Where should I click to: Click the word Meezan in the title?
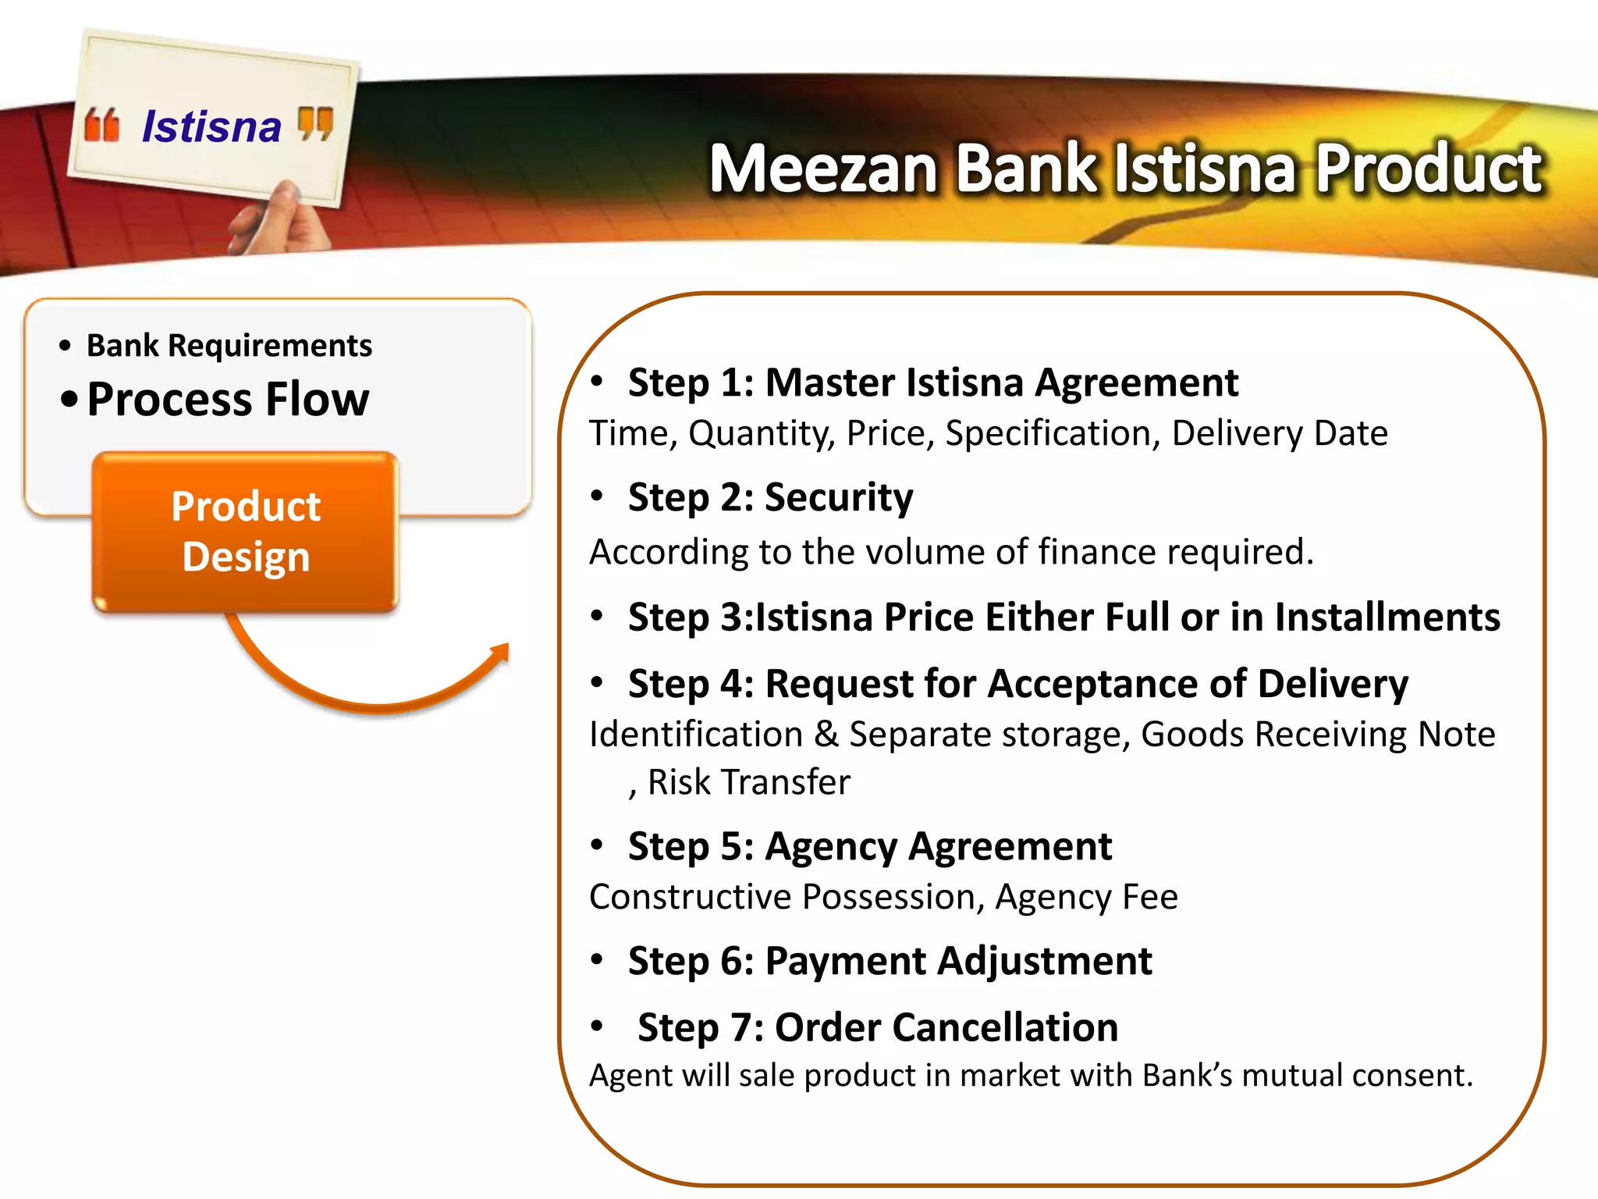tap(822, 169)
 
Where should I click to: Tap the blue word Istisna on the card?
tap(211, 126)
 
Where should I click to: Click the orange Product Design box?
tap(246, 532)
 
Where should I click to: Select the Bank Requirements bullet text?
tap(229, 346)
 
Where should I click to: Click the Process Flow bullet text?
tap(228, 400)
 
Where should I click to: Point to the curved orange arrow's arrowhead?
tap(498, 653)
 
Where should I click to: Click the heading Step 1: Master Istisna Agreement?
tap(932, 382)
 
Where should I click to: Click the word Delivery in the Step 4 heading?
tap(1333, 684)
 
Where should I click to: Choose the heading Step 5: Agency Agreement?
tap(869, 846)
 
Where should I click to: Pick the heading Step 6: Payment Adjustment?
tap(890, 961)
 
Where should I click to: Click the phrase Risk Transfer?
tap(748, 782)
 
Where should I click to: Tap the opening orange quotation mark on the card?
tap(102, 126)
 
